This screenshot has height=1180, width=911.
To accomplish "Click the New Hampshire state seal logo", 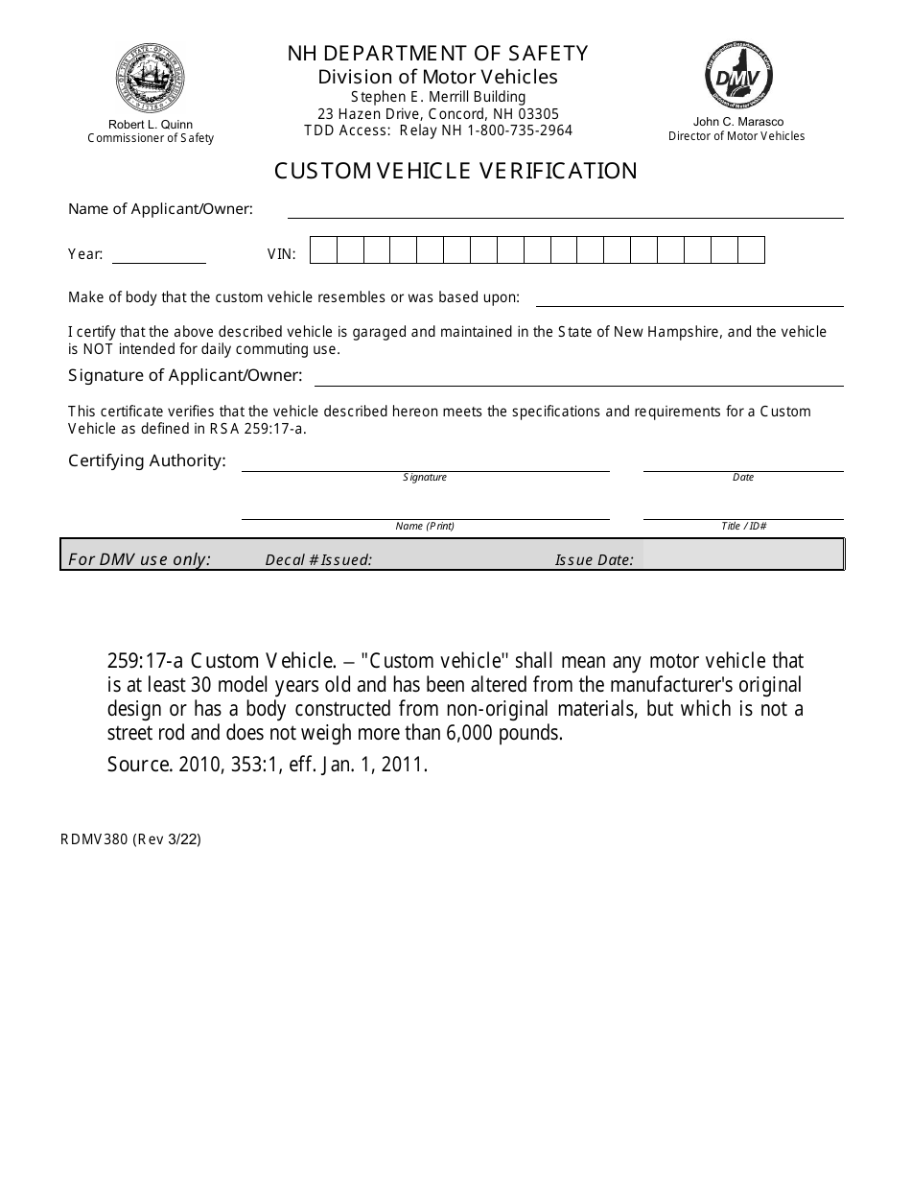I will (x=151, y=79).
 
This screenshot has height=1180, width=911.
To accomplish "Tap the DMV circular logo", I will (x=739, y=77).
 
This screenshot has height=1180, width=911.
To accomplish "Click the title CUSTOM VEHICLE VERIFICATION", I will (x=455, y=171).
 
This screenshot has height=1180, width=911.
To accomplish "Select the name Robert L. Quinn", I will (x=151, y=125).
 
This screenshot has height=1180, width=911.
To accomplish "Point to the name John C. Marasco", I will (x=738, y=122).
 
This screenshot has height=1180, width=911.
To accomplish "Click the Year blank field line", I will (x=159, y=257).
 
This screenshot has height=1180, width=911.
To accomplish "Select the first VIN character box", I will (x=324, y=250).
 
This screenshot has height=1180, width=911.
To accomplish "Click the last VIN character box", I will (x=751, y=250).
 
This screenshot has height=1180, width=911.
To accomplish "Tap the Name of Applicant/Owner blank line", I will (x=566, y=213).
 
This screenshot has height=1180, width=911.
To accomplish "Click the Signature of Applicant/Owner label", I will (x=185, y=375).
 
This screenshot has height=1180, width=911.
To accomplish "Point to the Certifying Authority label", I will (x=147, y=460).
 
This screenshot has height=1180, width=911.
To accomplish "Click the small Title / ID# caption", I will (x=743, y=527).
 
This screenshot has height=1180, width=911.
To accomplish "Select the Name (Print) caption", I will (x=425, y=527).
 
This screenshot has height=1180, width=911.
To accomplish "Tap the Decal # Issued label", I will (x=318, y=560).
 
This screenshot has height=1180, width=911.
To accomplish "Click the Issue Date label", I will (x=594, y=560).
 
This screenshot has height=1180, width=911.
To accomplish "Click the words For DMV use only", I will (x=140, y=559).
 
